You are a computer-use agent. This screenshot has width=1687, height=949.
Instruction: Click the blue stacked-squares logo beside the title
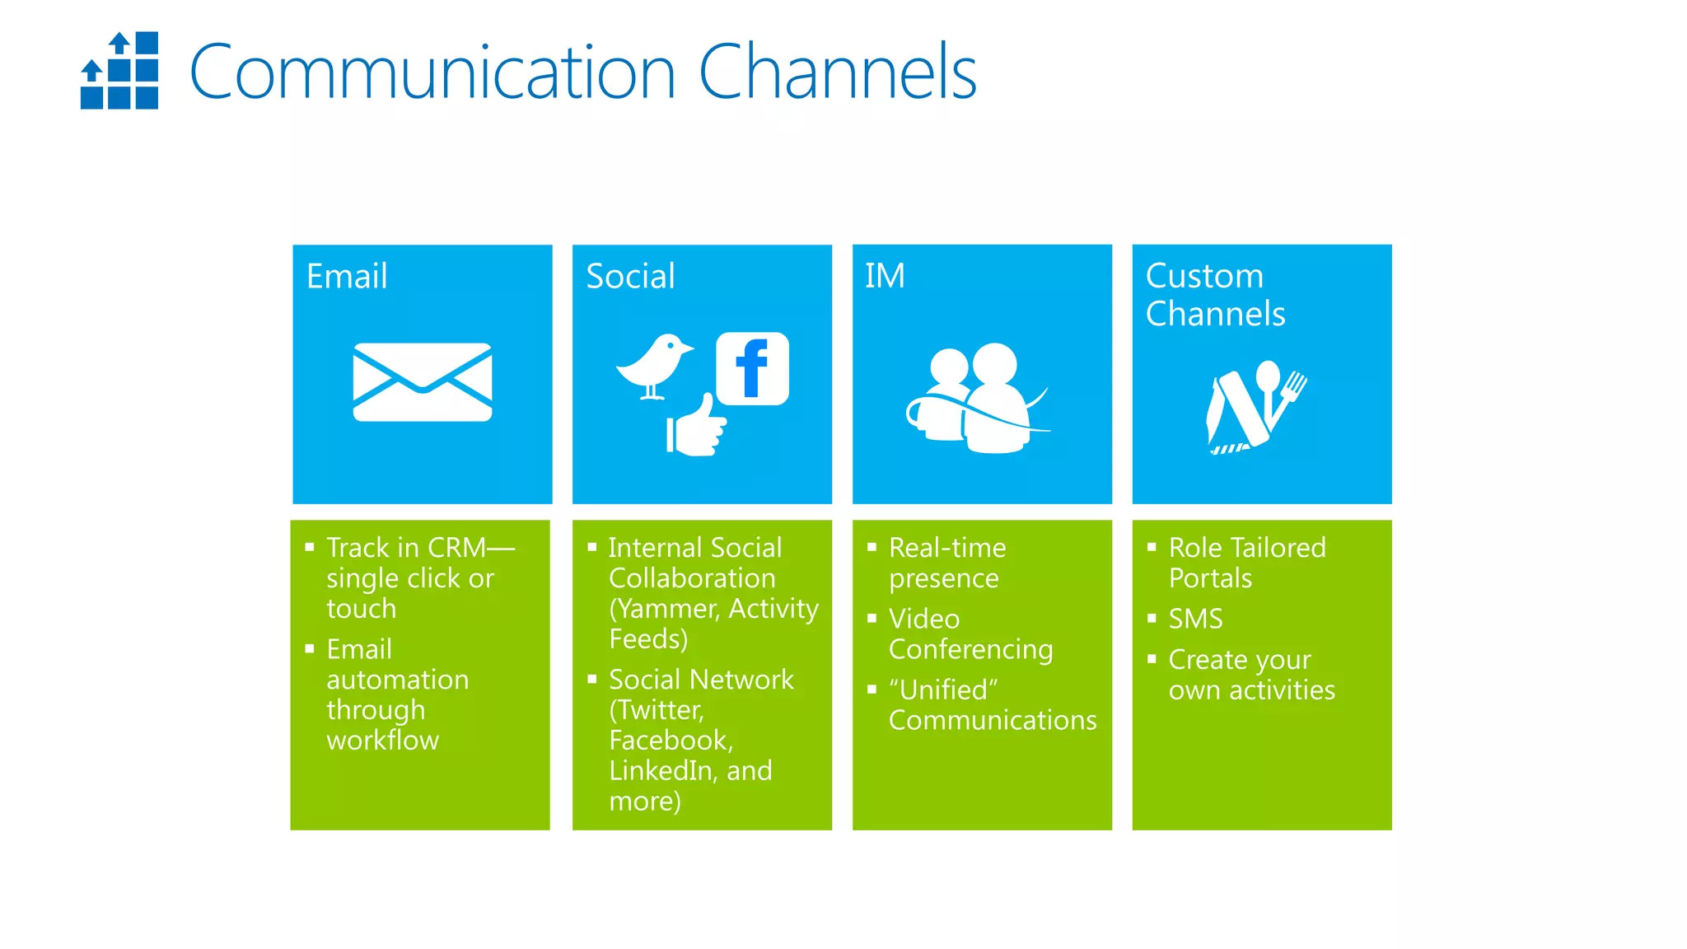click(x=119, y=71)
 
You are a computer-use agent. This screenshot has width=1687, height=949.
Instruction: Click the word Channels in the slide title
click(x=837, y=72)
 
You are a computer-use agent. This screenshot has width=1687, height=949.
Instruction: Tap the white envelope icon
click(x=423, y=382)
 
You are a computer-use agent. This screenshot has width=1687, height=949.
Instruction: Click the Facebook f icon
click(x=752, y=369)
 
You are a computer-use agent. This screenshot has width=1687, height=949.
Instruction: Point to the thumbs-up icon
click(x=697, y=426)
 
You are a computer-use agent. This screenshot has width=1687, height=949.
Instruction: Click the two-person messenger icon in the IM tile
click(x=976, y=398)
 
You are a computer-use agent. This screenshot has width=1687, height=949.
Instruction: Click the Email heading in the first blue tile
click(x=347, y=276)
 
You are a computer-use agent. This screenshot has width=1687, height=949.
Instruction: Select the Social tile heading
click(x=630, y=276)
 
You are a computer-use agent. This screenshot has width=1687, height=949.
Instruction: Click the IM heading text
click(x=885, y=276)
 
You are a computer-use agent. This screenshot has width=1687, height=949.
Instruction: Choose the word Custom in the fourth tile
click(x=1204, y=276)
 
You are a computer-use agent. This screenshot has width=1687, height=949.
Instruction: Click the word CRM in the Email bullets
click(x=457, y=548)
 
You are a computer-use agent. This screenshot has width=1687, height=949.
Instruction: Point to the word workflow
click(x=383, y=740)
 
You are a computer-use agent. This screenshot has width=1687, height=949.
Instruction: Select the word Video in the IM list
click(x=924, y=619)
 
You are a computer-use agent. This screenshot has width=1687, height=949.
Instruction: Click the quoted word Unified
click(x=944, y=690)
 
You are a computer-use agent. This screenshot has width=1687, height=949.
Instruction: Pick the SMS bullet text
click(x=1195, y=619)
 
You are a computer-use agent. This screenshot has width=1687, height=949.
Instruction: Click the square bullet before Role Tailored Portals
click(x=1152, y=546)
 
